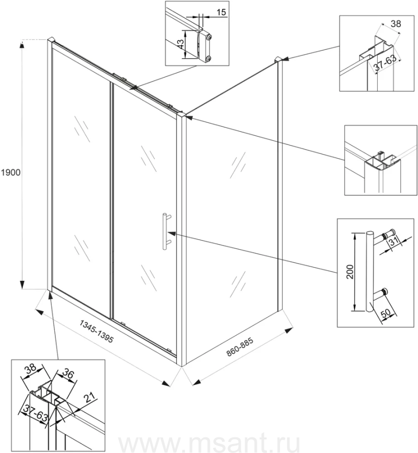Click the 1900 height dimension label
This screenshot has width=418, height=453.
point(10,173)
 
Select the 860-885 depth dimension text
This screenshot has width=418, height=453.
point(239,346)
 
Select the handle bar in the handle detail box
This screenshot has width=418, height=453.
point(370,272)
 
